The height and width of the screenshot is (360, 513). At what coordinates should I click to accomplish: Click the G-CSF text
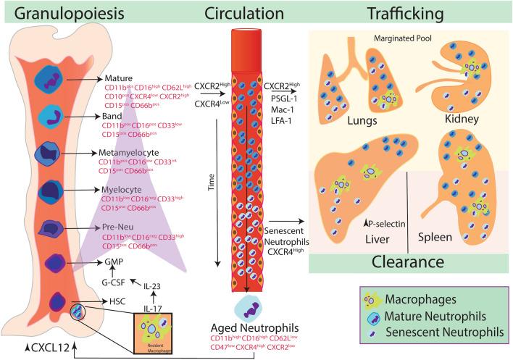click(x=115, y=284)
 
